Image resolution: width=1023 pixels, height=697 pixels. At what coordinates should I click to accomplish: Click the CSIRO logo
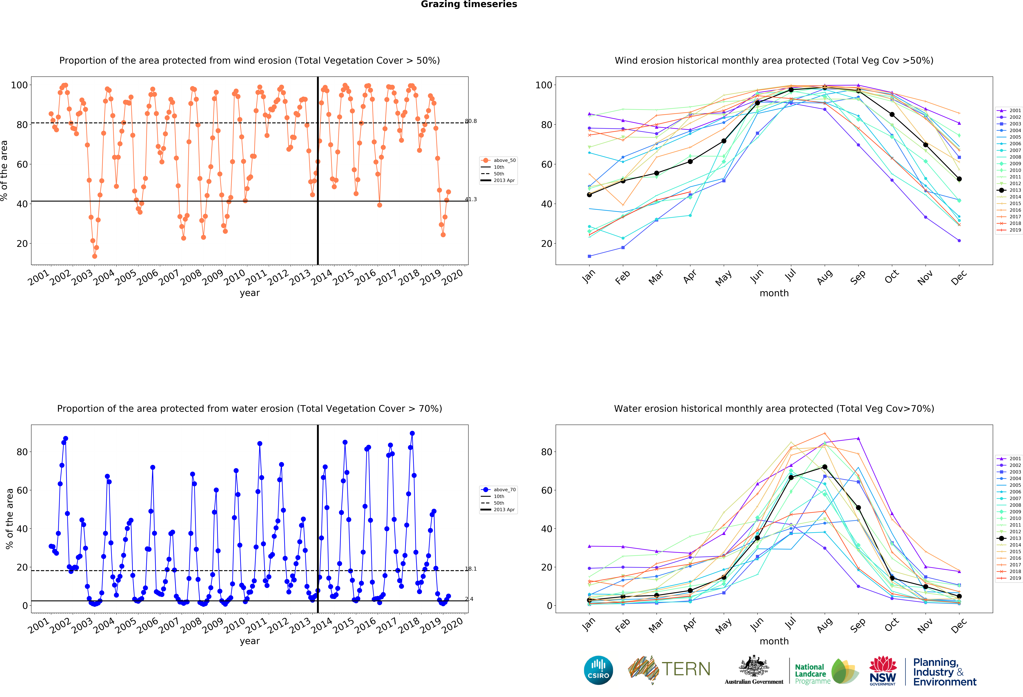(598, 670)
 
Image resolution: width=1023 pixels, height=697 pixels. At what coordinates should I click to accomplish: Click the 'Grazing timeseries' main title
(469, 4)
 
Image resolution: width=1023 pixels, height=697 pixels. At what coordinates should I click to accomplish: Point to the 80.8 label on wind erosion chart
(471, 121)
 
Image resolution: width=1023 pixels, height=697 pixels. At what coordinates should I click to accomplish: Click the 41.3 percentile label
(471, 199)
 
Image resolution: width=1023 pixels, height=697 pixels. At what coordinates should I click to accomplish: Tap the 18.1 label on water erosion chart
(471, 569)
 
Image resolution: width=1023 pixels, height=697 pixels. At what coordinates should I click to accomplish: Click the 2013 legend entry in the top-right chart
(1015, 190)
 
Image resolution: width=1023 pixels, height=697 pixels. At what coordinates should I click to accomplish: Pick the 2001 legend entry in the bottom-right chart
(1015, 459)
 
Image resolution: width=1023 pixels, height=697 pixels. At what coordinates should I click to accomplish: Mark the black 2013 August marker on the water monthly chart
(824, 467)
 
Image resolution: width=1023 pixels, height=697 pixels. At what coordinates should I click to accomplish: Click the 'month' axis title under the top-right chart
(774, 293)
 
